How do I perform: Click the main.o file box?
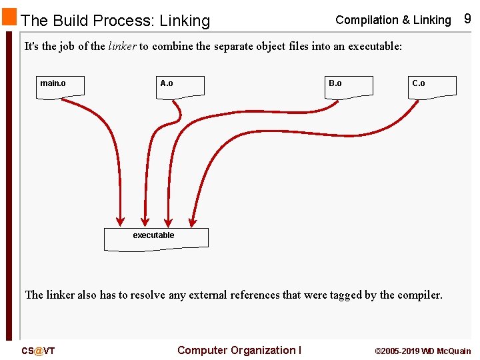pos(60,87)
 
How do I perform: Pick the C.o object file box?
pos(432,87)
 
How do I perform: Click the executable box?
pos(156,239)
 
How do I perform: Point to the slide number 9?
pos(467,19)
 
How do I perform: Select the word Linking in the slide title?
pos(185,21)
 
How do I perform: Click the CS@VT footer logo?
pos(38,351)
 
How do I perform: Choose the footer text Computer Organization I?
pos(239,351)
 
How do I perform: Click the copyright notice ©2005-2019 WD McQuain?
pos(423,351)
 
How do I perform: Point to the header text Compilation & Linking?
pos(393,20)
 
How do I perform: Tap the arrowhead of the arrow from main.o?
pos(121,220)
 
